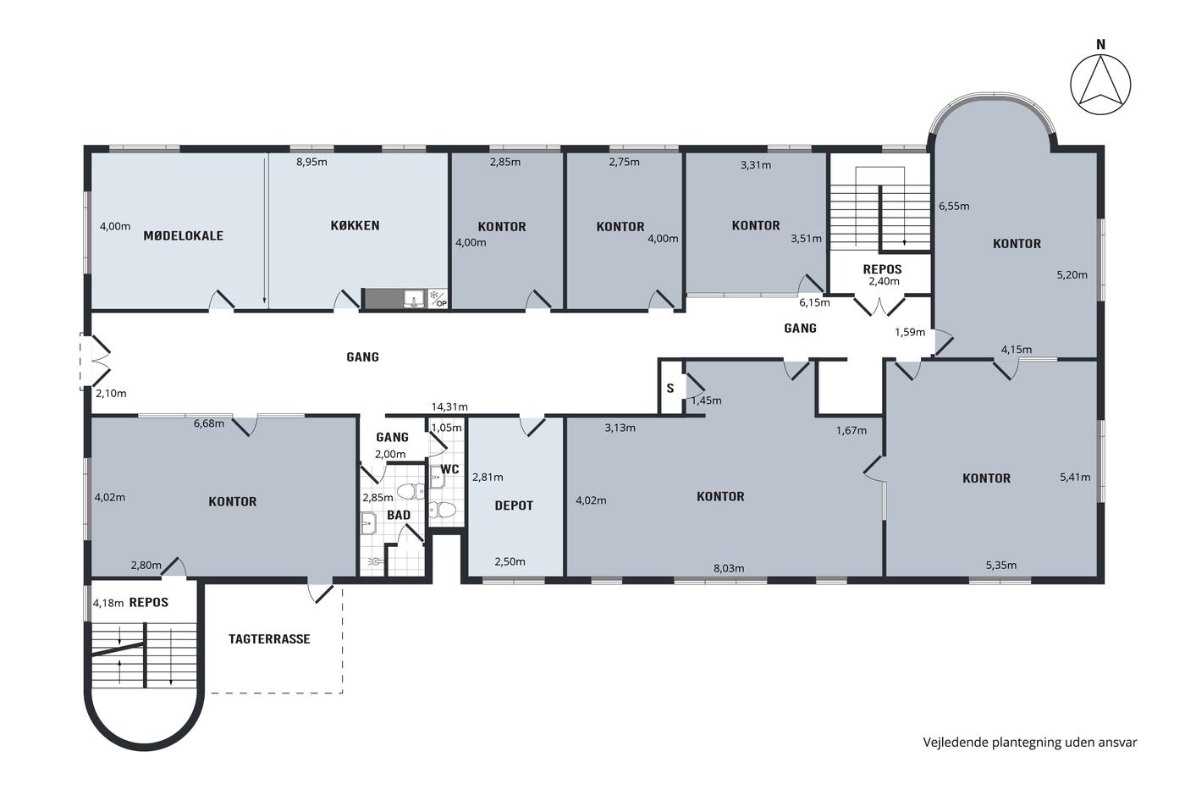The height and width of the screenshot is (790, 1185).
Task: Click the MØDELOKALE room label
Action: click(183, 236)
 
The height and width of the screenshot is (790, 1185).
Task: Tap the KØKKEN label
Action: click(355, 225)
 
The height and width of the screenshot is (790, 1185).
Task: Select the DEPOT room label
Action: click(514, 505)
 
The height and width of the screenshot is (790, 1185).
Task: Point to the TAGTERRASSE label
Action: click(269, 639)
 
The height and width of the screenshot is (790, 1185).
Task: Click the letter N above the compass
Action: click(1101, 45)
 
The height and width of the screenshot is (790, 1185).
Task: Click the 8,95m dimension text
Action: click(311, 162)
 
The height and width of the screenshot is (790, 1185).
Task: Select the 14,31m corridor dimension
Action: click(449, 407)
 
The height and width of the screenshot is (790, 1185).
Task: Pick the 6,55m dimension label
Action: click(954, 207)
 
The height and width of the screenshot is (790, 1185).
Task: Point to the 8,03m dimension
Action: click(729, 569)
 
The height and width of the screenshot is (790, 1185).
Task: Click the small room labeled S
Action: click(670, 389)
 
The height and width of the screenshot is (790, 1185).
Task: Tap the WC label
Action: click(449, 469)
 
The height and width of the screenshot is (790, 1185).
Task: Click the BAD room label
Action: click(399, 516)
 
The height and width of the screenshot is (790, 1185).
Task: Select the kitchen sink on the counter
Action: click(414, 299)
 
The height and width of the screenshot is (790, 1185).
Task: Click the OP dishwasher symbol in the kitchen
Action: click(438, 299)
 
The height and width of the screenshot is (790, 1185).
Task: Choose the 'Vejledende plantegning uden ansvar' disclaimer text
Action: click(1030, 743)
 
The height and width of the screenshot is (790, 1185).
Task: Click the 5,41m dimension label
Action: click(1075, 478)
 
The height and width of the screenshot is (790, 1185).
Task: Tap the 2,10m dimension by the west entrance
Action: click(111, 394)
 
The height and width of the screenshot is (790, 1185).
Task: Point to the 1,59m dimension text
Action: click(910, 332)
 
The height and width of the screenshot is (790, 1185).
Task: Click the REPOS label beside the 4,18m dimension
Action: click(149, 603)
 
